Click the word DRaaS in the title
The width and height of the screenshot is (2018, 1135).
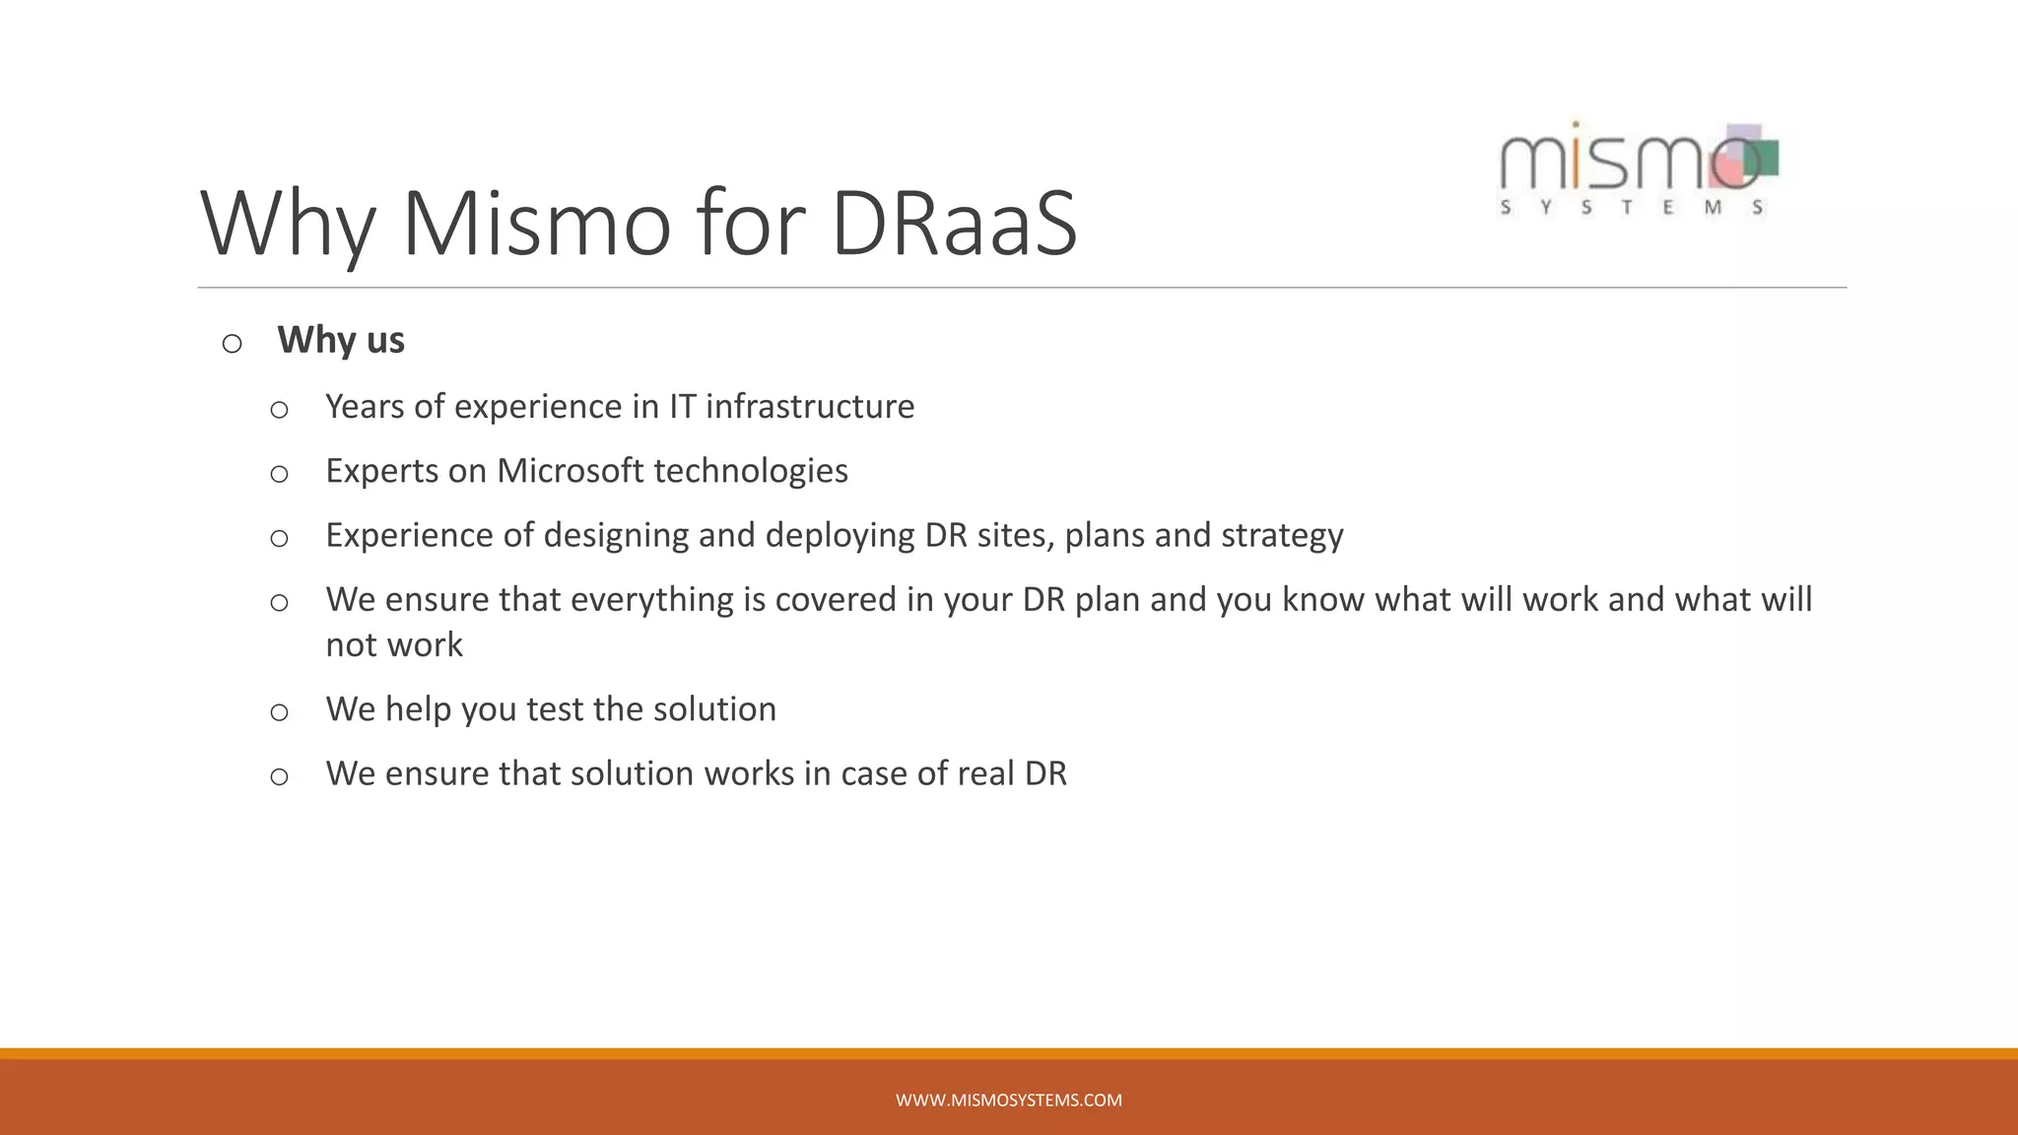point(954,225)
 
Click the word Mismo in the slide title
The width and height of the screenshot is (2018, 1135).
point(538,225)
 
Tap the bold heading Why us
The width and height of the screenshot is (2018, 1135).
point(341,341)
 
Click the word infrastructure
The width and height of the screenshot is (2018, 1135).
point(810,407)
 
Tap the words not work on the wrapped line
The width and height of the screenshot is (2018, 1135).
point(394,645)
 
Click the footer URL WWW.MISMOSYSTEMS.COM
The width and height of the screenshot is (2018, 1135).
point(1008,1101)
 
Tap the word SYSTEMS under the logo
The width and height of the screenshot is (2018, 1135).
point(1631,208)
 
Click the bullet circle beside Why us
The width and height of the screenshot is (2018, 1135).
point(233,344)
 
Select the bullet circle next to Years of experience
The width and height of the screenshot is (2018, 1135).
point(280,410)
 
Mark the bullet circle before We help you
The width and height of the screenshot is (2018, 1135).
point(280,712)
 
